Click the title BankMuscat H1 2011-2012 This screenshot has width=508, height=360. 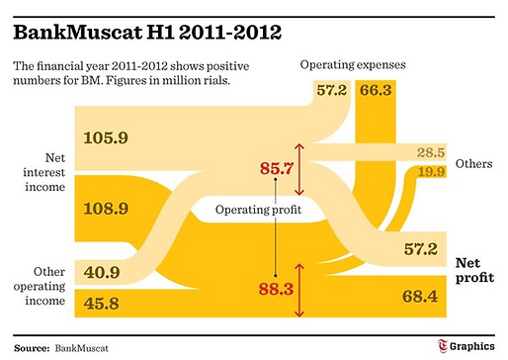coord(147,32)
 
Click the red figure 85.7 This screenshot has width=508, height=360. coord(273,169)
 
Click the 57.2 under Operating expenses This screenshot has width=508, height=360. coord(333,91)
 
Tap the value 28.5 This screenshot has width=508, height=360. coord(429,152)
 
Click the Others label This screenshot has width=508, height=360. coord(472,161)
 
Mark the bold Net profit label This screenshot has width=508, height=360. coord(474,271)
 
